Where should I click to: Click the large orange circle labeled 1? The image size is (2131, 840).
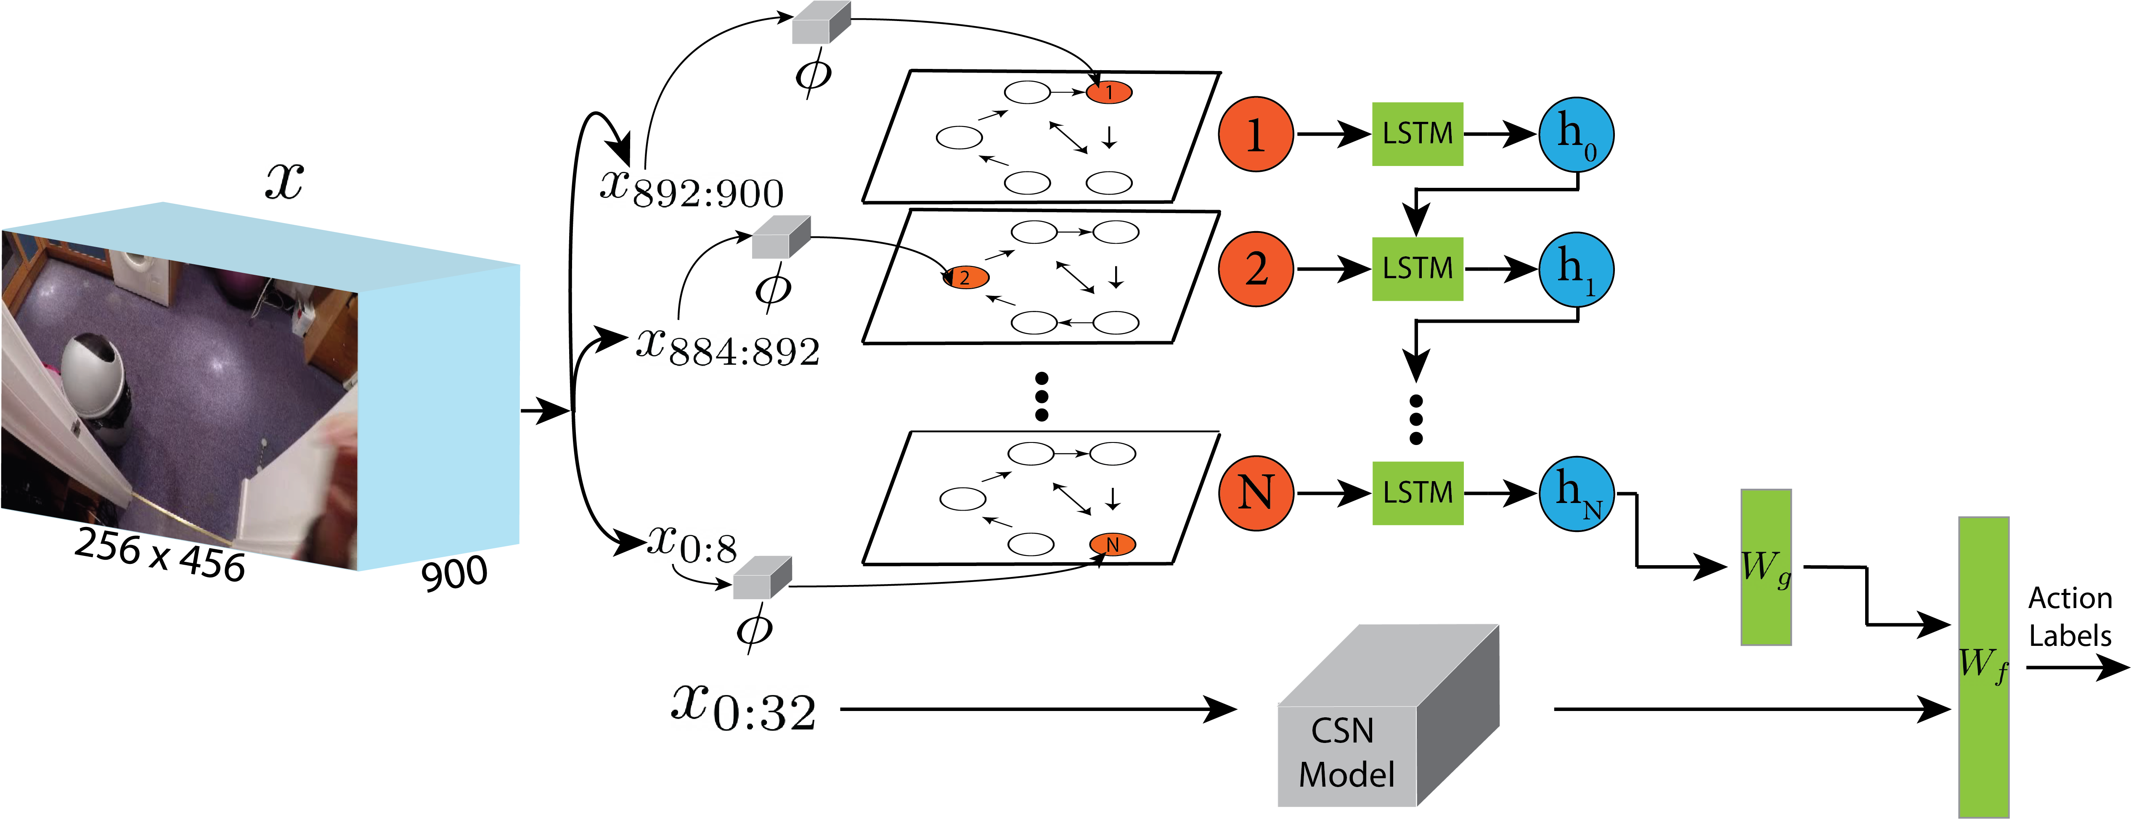pyautogui.click(x=1255, y=134)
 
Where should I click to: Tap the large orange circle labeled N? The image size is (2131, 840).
pyautogui.click(x=1255, y=493)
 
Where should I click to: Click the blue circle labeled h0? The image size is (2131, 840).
pyautogui.click(x=1576, y=134)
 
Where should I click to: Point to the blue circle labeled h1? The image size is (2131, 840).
pyautogui.click(x=1576, y=269)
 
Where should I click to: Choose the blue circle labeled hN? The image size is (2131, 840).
pyautogui.click(x=1576, y=493)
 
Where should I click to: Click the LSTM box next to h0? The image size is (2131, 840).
pyautogui.click(x=1417, y=134)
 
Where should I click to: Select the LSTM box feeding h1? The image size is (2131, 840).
pyautogui.click(x=1417, y=269)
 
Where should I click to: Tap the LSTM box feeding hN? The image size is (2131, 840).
pyautogui.click(x=1417, y=493)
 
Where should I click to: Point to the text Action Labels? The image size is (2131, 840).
pyautogui.click(x=2070, y=617)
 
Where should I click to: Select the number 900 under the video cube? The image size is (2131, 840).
pyautogui.click(x=454, y=573)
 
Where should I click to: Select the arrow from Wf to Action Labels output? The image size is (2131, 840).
pyautogui.click(x=2076, y=666)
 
